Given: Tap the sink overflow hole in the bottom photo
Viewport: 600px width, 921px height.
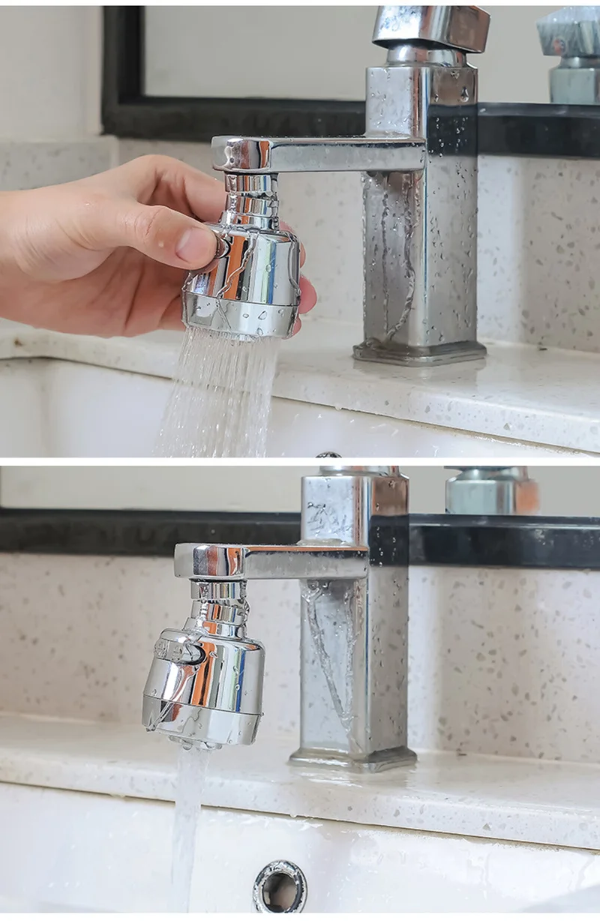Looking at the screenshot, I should [x=280, y=886].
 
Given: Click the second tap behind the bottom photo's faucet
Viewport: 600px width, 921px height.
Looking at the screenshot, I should [x=491, y=491].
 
